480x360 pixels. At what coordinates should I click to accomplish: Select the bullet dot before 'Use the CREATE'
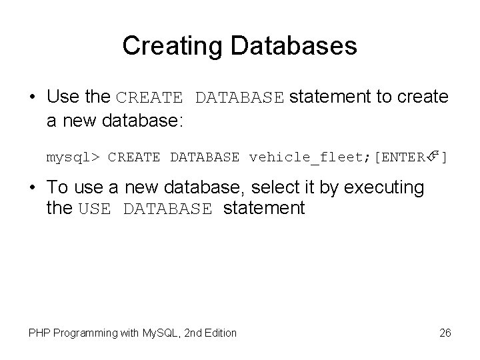33,97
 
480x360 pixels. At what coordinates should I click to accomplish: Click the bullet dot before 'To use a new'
33,189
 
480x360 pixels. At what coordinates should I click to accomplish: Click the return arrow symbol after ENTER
434,157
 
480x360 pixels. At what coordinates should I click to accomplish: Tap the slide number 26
445,332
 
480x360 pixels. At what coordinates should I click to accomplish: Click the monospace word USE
94,209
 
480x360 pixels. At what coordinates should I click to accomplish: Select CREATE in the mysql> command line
134,157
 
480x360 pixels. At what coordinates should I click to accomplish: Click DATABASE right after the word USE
168,209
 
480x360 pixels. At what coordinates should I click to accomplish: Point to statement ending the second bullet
264,209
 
